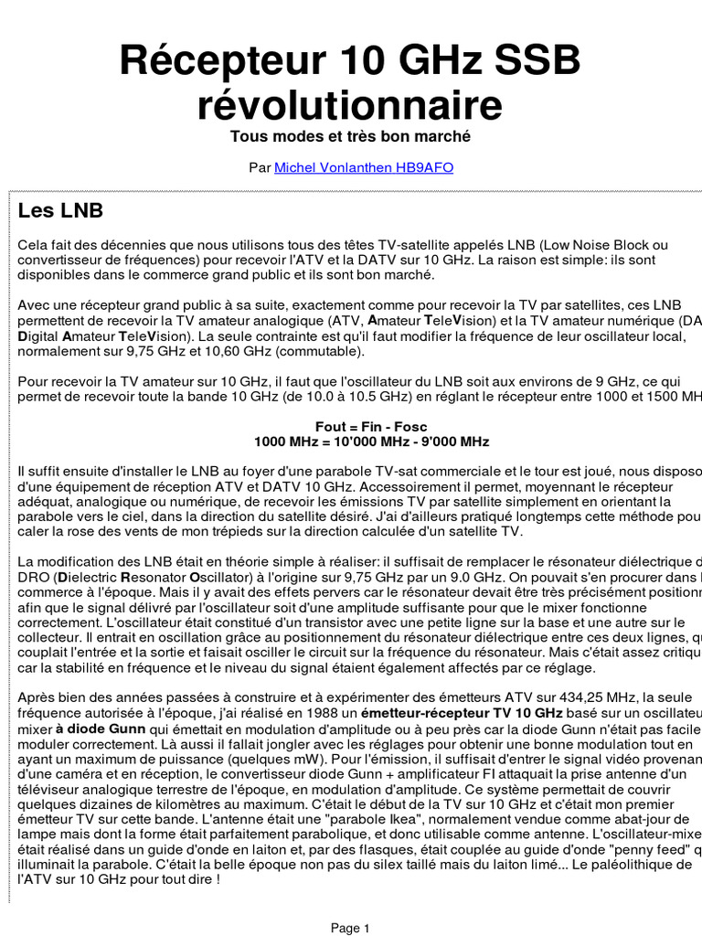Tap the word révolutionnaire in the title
pos(350,106)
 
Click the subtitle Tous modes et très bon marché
pos(350,136)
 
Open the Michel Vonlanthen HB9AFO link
pos(364,168)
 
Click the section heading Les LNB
pos(61,211)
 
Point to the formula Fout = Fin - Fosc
pos(371,427)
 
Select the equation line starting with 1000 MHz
pos(371,441)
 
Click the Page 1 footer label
pos(350,928)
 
